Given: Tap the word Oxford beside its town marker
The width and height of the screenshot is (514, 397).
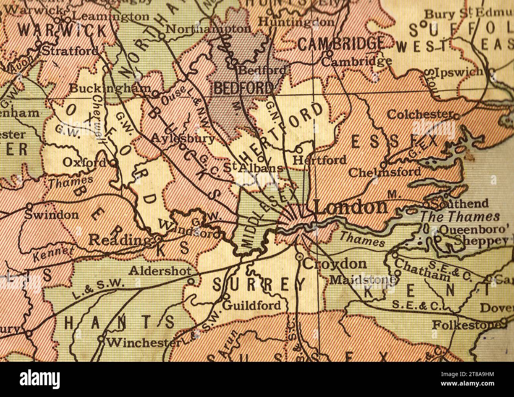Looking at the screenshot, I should point(84,162).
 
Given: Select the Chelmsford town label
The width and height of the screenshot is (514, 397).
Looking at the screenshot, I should point(385,172).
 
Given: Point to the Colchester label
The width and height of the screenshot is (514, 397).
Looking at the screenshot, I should point(419,115).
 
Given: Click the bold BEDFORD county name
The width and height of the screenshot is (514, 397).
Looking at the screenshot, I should point(243,88).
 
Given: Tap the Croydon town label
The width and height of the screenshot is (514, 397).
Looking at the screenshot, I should point(336,264).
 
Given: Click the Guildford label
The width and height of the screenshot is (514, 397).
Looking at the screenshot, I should point(252,305).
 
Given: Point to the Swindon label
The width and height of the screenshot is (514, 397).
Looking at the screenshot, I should point(51,215).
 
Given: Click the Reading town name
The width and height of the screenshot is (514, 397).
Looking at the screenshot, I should point(121,240).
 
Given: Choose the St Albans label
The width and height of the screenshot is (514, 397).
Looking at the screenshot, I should point(253,167).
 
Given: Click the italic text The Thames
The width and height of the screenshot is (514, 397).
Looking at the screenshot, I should point(459,216).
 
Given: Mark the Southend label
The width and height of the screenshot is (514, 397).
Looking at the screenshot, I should point(460,204).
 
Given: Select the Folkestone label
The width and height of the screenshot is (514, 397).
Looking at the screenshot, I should point(467,325).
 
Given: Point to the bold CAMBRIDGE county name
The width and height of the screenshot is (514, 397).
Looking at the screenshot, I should point(341,44).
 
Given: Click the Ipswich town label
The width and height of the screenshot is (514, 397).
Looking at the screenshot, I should point(459,71).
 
